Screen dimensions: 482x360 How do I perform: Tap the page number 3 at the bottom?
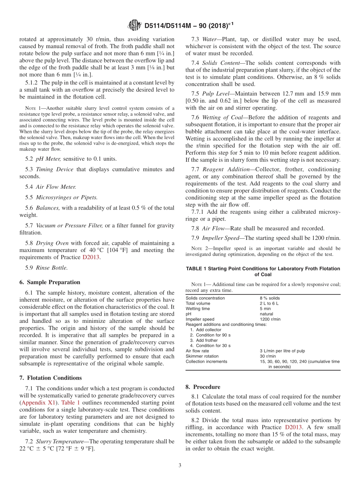(180, 465)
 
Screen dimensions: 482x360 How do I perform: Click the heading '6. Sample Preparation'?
(50, 282)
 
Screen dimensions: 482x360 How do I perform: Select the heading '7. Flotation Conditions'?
(50, 378)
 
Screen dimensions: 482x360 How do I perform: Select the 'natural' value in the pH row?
(266, 314)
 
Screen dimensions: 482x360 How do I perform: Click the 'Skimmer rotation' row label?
(202, 356)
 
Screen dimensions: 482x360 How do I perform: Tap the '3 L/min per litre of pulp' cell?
(282, 351)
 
